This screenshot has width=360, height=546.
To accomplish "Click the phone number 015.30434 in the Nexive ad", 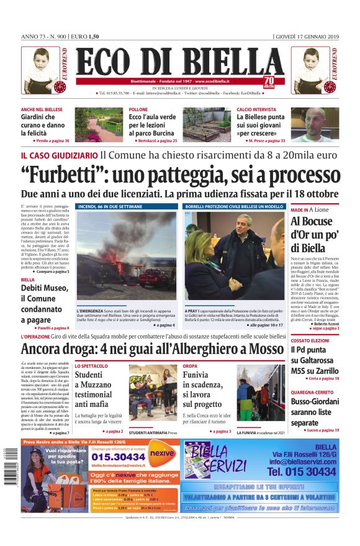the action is coord(112,456).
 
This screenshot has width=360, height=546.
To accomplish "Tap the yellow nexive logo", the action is coord(161,453).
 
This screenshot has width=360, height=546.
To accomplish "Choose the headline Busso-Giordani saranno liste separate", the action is coord(315,411).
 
